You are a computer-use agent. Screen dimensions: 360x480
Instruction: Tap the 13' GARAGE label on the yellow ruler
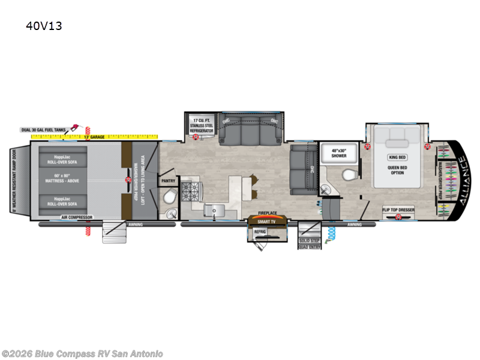95,137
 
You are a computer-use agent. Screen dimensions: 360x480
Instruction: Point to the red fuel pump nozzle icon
75,127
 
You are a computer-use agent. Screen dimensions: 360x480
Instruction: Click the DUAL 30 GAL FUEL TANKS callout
43,130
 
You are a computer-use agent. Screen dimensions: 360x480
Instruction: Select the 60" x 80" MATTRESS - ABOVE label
63,179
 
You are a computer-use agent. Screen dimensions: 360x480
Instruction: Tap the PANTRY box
167,179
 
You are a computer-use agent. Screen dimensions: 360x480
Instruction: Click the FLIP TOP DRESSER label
398,209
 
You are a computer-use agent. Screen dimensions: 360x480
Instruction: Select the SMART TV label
266,221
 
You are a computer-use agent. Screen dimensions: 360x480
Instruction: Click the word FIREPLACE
266,213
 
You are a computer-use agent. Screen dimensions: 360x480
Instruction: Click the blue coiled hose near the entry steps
329,235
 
